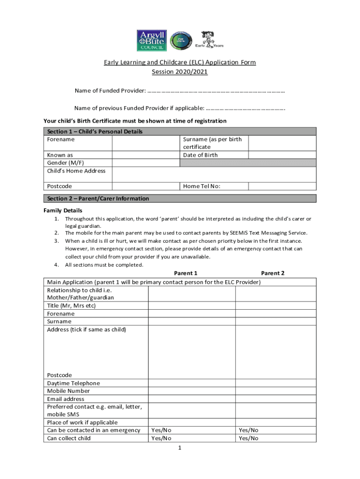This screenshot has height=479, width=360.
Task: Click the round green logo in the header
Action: coord(180,41)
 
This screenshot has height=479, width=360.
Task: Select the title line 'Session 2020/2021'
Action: coord(180,72)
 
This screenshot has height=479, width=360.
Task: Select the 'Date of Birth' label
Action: coord(200,155)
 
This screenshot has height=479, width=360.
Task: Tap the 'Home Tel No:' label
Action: coord(202,186)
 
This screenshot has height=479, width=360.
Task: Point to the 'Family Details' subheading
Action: coord(63,210)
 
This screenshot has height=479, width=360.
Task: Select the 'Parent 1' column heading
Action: coord(186,273)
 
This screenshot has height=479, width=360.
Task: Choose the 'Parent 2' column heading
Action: coord(273,273)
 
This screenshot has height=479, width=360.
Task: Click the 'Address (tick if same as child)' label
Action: coord(86,330)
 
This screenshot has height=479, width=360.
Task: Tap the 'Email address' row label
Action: coord(66,399)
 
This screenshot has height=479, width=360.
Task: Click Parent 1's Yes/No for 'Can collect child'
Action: coord(161,438)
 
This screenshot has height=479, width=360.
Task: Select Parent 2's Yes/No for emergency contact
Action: coord(248,430)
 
